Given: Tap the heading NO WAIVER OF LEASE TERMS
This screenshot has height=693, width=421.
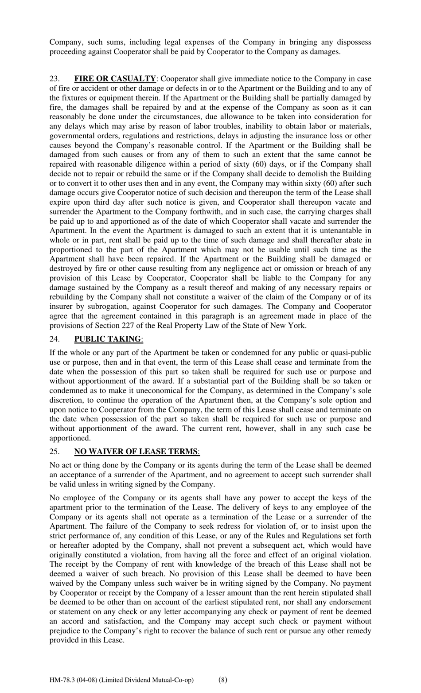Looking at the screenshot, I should point(136,452).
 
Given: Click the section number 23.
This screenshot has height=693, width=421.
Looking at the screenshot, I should point(54,79).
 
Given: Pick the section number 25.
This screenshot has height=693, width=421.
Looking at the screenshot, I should point(54,452).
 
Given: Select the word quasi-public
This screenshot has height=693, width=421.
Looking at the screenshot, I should point(350,353).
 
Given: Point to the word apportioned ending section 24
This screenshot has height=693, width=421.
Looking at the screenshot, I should point(70,439).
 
